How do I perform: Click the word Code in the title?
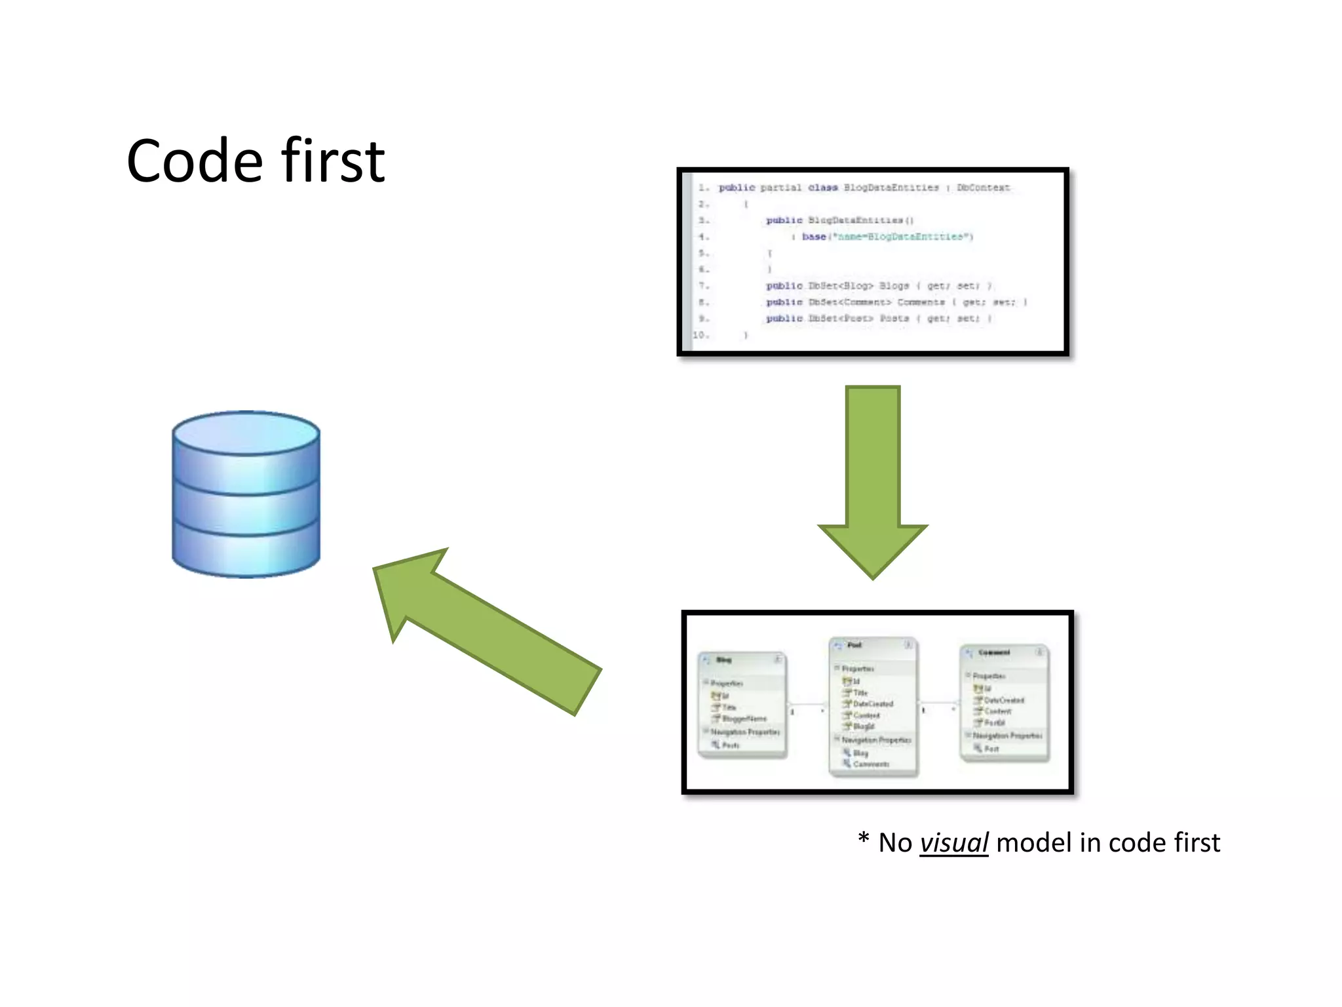tap(195, 162)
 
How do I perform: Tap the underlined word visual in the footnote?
tap(953, 843)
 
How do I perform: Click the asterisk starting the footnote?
tap(863, 840)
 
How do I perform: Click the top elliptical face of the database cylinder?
tap(246, 433)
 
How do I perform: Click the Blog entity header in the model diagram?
tap(724, 660)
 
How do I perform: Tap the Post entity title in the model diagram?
tap(854, 645)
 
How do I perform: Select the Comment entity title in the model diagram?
tap(994, 653)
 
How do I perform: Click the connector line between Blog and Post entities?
tap(807, 705)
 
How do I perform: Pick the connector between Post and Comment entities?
tap(938, 703)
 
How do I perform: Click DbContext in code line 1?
tap(983, 188)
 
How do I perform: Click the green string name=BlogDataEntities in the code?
tap(902, 237)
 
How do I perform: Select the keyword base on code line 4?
tap(814, 237)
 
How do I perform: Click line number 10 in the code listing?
tap(700, 335)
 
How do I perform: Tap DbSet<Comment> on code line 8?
tap(850, 302)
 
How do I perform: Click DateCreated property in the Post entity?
tap(872, 704)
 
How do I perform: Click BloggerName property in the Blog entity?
tap(744, 719)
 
